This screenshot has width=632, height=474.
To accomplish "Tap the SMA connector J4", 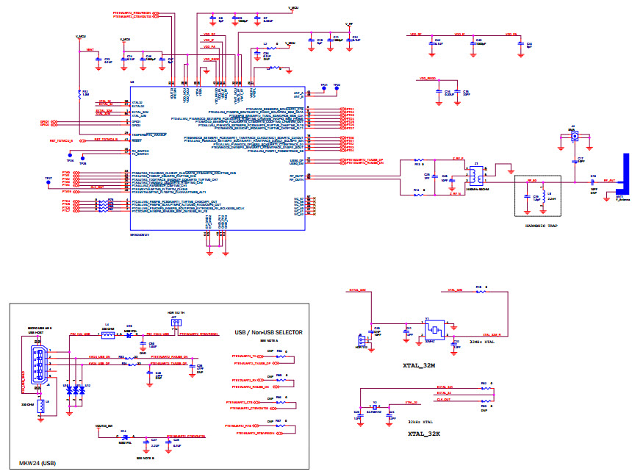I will point(575,135).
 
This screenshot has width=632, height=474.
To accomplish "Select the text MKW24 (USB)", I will point(37,464).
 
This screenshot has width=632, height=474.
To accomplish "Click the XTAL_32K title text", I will point(424,434).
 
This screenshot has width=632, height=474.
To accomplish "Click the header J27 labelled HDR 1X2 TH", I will point(175,323).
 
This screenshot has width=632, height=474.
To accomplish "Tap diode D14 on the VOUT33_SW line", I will point(124,436).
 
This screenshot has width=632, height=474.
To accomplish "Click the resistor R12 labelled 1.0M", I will point(79,94).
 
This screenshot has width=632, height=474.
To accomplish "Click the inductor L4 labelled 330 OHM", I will point(108,335).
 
